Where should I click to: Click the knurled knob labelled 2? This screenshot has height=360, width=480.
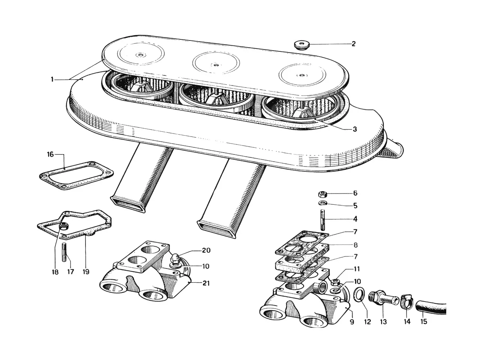pos(301,45)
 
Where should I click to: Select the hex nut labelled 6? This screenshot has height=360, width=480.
pos(323,193)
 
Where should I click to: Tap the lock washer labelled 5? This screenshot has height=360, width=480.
pos(322,203)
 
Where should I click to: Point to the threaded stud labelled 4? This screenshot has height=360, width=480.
pos(323,220)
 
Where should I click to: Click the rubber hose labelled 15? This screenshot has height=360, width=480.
pos(430,307)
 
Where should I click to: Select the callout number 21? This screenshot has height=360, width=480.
pos(206,283)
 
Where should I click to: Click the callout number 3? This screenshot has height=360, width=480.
pos(355,129)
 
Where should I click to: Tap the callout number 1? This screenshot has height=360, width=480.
pos(52,79)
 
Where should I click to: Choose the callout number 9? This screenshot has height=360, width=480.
pos(352,322)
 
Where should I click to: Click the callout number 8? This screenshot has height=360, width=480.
pos(355,245)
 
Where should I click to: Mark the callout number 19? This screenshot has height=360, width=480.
pos(86,272)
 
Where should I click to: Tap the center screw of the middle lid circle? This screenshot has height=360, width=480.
pos(216,65)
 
